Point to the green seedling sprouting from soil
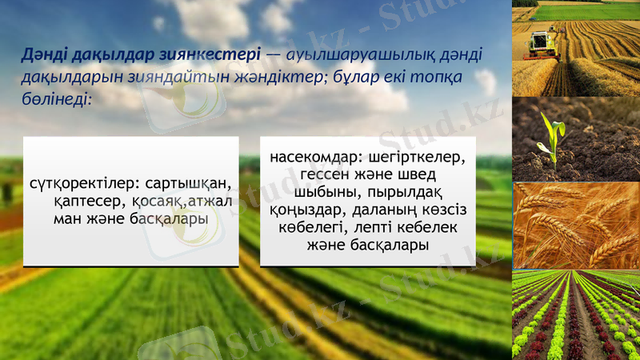(x=551, y=136)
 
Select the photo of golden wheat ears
(x=575, y=226)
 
